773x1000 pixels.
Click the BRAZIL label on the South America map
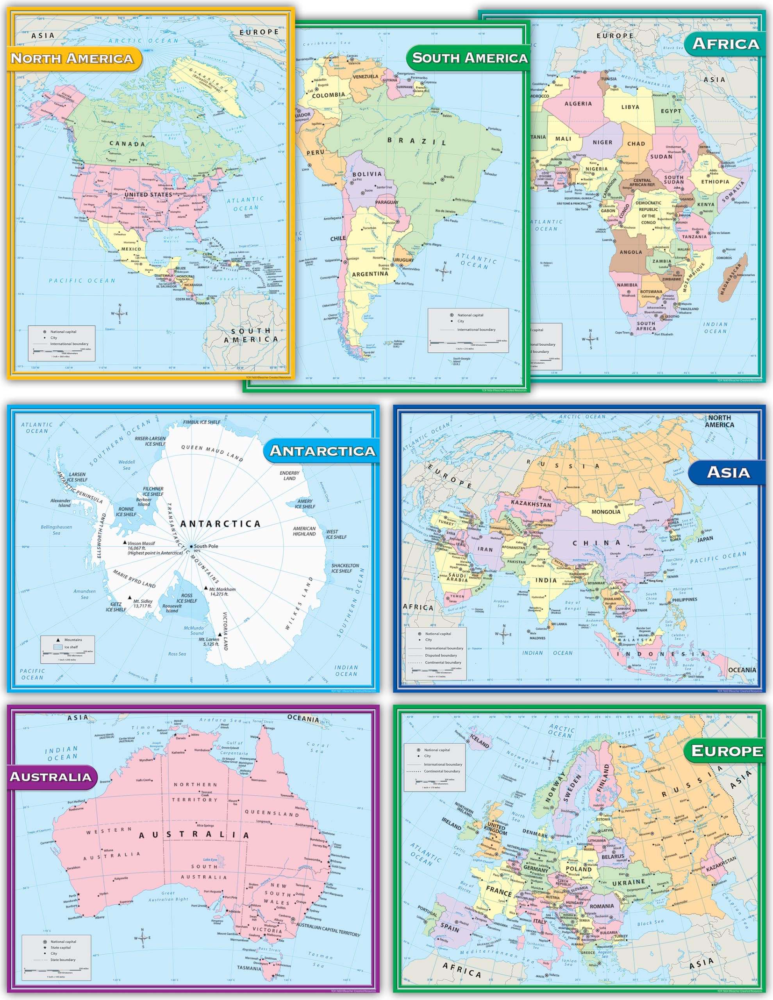[416, 141]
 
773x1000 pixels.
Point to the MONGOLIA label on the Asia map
[606, 511]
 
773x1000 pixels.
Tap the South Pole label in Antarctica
[205, 546]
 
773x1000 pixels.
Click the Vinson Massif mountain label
[141, 543]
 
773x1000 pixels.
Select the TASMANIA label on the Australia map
[249, 968]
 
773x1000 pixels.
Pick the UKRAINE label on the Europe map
[629, 882]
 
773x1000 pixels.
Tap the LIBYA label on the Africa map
[630, 107]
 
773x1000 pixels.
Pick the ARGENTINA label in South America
[370, 274]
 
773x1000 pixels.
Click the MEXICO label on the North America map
[131, 248]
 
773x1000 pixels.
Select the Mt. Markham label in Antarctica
[222, 591]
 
